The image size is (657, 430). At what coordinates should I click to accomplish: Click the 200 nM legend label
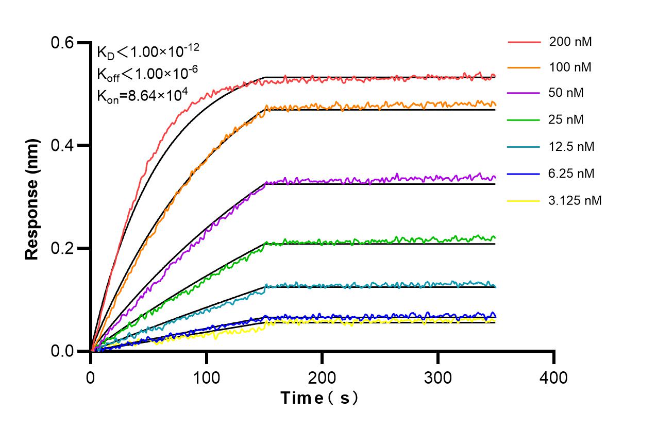click(570, 42)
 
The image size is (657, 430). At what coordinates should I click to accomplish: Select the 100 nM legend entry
click(570, 67)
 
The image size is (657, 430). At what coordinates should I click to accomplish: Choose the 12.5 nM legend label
click(572, 147)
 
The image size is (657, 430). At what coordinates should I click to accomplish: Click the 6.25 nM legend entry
click(572, 174)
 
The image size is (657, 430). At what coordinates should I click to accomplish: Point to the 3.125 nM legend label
click(575, 200)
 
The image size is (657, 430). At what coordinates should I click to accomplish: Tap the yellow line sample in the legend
click(524, 200)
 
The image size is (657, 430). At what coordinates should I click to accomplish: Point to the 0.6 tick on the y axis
click(62, 42)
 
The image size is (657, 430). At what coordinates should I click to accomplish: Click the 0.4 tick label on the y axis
click(62, 145)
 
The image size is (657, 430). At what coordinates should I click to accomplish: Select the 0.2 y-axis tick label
click(62, 248)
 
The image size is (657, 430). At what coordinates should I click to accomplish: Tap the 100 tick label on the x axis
click(207, 378)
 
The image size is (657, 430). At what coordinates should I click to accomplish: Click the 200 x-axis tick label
click(322, 378)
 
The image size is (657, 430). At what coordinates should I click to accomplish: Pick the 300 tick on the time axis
click(437, 378)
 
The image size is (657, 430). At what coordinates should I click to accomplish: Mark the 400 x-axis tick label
click(553, 378)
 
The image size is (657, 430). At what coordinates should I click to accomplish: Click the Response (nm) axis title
click(32, 198)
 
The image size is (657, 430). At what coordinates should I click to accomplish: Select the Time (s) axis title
click(319, 398)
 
